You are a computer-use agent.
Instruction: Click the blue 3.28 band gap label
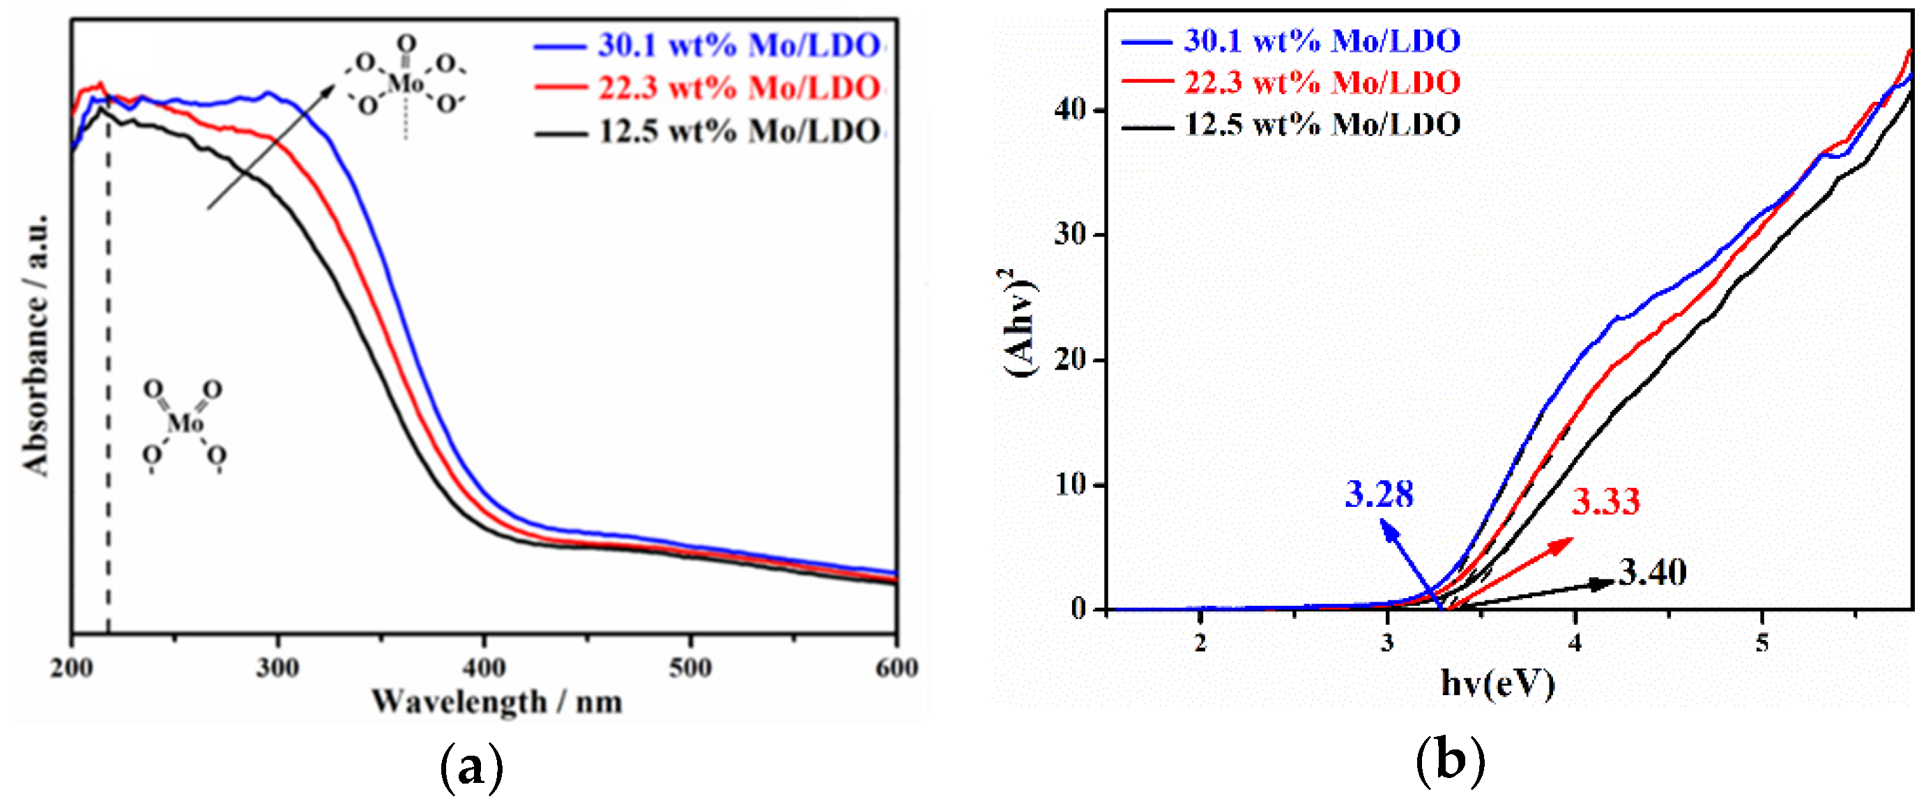(1379, 495)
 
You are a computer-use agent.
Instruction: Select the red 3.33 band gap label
(1606, 501)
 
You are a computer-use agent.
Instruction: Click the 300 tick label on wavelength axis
(277, 667)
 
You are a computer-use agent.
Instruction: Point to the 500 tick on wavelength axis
(689, 667)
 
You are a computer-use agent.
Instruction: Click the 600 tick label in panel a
(896, 667)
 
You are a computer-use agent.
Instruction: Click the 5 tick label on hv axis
(1763, 643)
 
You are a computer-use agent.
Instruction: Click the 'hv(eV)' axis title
(1497, 683)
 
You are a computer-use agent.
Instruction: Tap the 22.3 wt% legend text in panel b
(1322, 82)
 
